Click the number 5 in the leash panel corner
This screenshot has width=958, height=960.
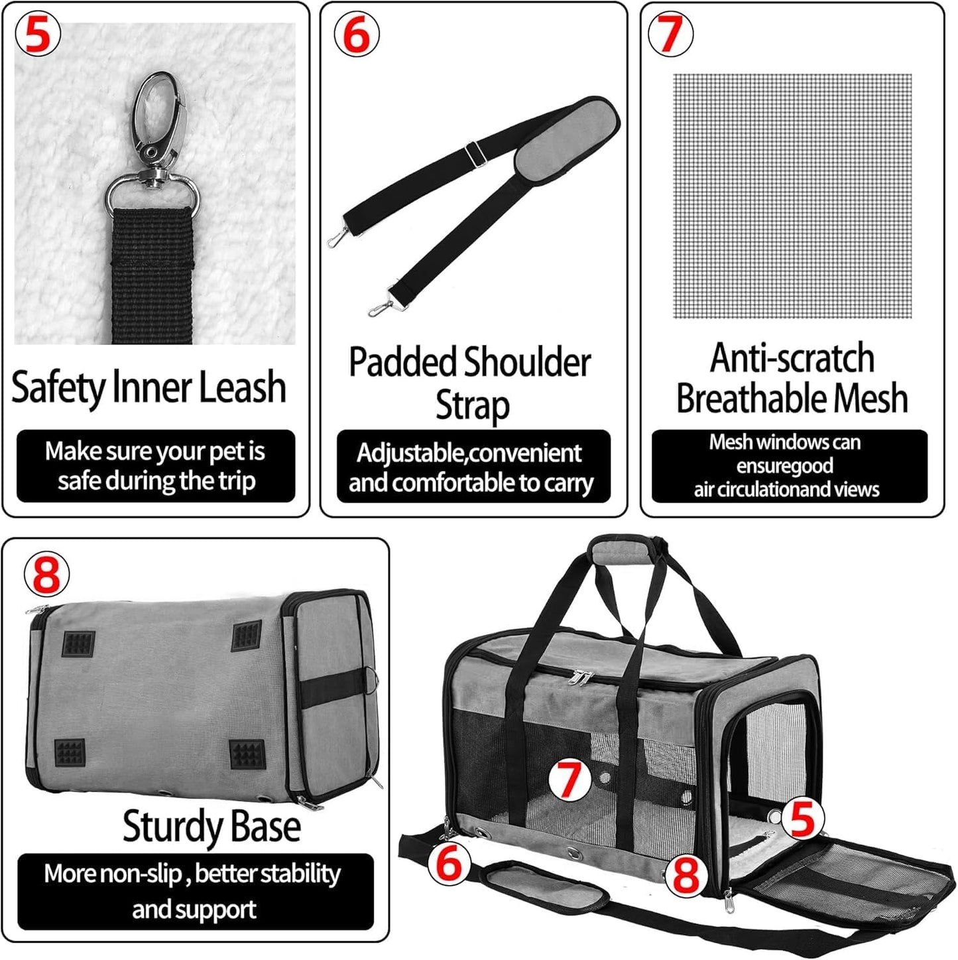(38, 35)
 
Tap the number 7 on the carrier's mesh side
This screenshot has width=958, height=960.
(569, 779)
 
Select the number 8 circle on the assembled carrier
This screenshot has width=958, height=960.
(686, 874)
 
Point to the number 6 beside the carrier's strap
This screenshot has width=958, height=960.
(449, 863)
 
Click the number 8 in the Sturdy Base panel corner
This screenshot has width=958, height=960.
(46, 573)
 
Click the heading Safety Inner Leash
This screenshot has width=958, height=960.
(149, 387)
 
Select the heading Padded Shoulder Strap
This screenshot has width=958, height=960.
(470, 383)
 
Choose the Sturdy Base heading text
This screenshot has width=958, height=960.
(211, 827)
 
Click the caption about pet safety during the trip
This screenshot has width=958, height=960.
(155, 466)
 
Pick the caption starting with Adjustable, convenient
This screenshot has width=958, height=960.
(472, 467)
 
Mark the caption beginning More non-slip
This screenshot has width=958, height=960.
(194, 890)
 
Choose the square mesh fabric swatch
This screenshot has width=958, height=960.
(792, 196)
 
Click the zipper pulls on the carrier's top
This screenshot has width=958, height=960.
(581, 678)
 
